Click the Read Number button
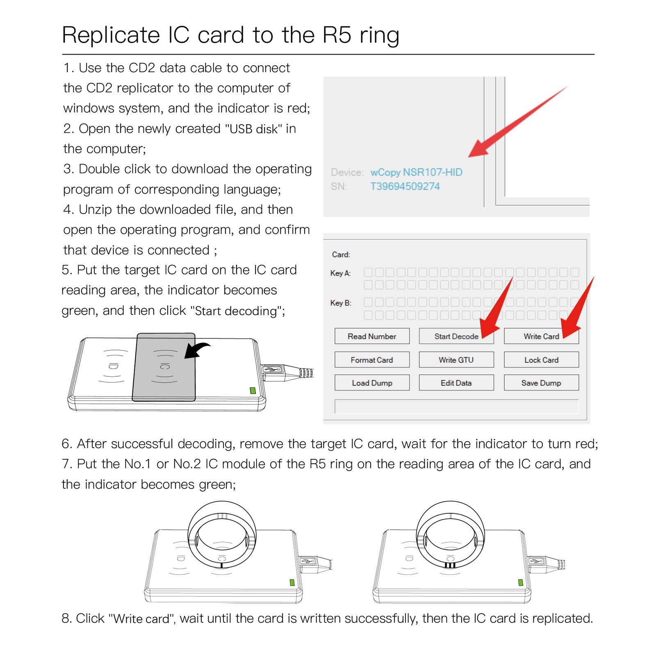click(x=371, y=336)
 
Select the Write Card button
click(x=541, y=336)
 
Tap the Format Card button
click(x=371, y=360)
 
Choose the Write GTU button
click(x=456, y=360)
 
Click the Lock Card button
click(x=541, y=360)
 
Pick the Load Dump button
click(x=371, y=383)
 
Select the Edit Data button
click(x=456, y=383)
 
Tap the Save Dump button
click(x=541, y=383)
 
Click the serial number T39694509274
click(x=405, y=186)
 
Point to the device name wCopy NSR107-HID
click(x=416, y=172)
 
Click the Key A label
click(x=340, y=273)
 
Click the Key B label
click(x=340, y=303)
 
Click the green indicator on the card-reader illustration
click(x=253, y=390)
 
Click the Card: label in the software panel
click(x=341, y=255)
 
